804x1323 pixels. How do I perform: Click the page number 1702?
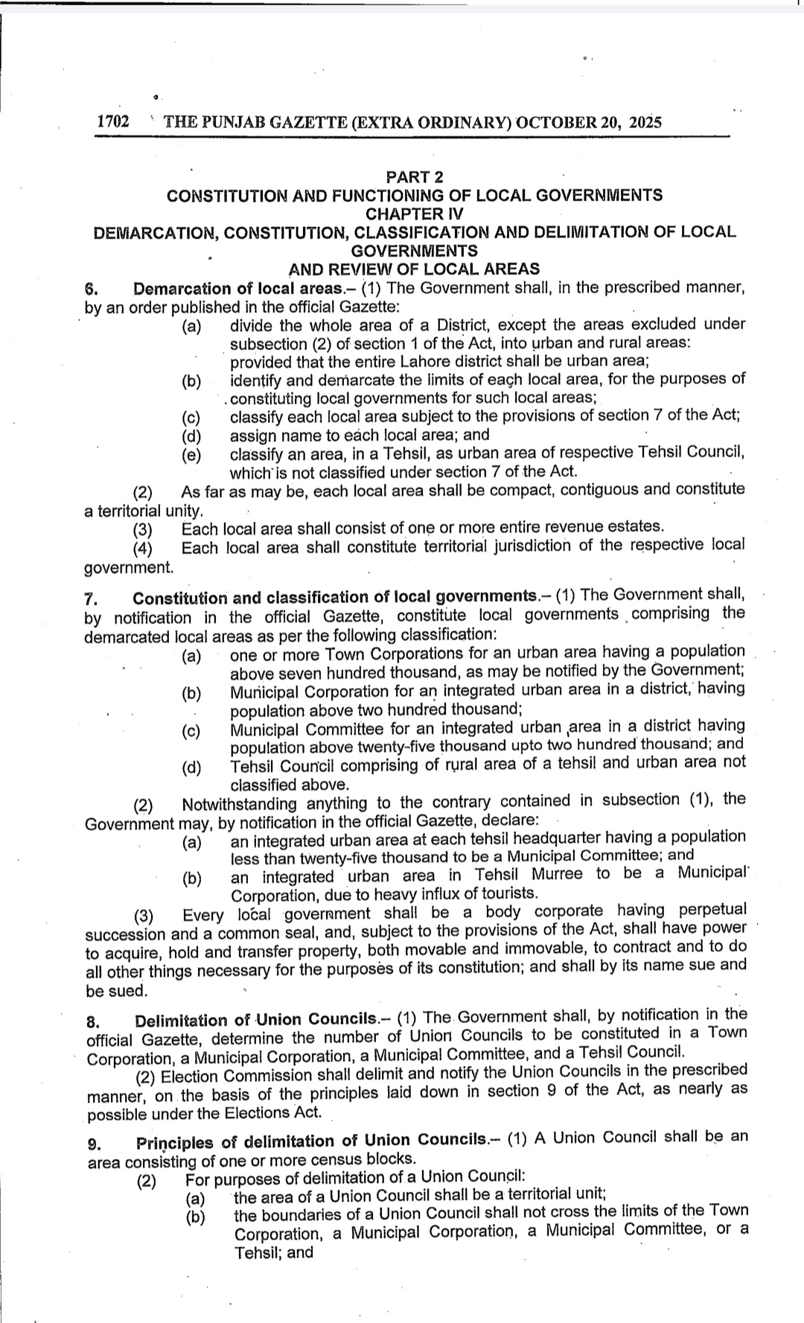(113, 122)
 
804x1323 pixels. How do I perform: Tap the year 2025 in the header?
(645, 122)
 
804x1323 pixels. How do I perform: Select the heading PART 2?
(414, 177)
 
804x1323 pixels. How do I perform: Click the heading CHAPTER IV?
(414, 214)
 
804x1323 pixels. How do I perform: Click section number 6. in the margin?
(92, 290)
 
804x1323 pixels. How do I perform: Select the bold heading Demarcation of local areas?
(233, 289)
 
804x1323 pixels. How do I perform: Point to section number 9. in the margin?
(95, 1143)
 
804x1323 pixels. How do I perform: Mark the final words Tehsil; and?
(274, 1252)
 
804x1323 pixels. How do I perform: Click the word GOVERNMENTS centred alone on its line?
(414, 251)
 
